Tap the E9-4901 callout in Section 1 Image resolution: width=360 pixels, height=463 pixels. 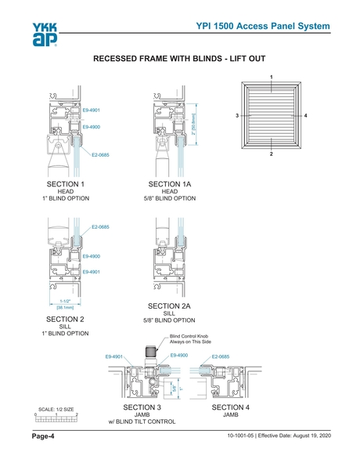(x=92, y=110)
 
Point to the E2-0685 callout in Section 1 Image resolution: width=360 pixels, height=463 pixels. (x=100, y=155)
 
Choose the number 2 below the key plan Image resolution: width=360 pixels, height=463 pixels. (x=271, y=154)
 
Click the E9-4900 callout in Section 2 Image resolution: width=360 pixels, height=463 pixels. (x=92, y=256)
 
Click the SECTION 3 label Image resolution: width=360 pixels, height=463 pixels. (x=142, y=407)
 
